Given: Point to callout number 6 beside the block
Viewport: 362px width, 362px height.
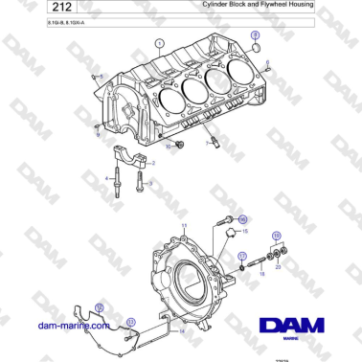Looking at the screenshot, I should pos(267,62).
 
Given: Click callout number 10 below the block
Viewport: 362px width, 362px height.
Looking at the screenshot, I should pos(168,147).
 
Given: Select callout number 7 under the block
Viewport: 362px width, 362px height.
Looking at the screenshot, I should pos(205,144).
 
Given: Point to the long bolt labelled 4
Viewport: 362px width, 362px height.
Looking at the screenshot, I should pos(115,181).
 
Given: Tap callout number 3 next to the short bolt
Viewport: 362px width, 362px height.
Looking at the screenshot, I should pos(150,182).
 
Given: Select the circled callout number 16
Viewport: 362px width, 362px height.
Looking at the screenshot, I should pos(241,219).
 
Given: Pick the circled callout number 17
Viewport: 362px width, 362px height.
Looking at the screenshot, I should pos(243,256).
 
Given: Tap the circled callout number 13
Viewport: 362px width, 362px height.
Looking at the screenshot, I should pos(130,321).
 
